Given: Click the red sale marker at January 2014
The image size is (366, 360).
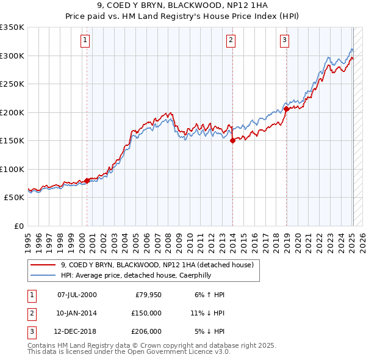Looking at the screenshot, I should coord(232,140).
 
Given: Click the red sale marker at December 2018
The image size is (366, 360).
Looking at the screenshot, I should coord(286,109).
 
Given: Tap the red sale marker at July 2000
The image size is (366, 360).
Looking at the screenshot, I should coord(87,180).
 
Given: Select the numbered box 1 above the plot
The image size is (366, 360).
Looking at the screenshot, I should coord(84,41).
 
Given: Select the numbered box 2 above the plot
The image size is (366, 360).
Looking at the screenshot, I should coord(231,41).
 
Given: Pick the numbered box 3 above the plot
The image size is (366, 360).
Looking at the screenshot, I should coord(285,41).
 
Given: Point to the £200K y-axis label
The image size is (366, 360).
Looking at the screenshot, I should coord(12,112).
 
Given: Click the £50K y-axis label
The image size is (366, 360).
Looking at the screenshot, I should coord(15,198).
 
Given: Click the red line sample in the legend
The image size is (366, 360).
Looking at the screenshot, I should coord(43,265).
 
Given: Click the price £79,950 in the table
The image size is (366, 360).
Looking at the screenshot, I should coord(147,295).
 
